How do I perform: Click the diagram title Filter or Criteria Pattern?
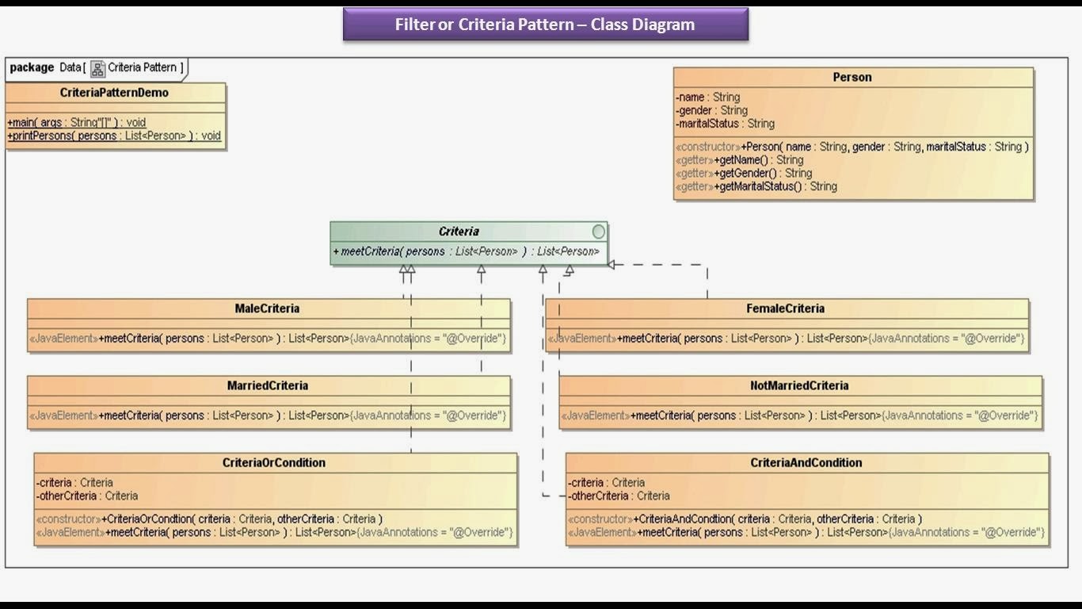point(545,25)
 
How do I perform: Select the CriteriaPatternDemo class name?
point(114,93)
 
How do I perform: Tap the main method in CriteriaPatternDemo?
point(77,123)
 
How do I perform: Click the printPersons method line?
point(114,136)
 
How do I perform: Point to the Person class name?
point(852,77)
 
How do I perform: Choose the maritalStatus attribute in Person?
point(725,124)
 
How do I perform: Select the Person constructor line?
point(852,147)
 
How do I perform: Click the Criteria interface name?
point(459,232)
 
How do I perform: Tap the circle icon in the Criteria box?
point(599,232)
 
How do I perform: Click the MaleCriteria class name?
point(267,308)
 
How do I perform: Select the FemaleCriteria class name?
point(785,308)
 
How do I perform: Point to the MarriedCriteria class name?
point(267,385)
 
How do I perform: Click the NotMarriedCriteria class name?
point(799,385)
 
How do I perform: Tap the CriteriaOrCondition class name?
point(274,462)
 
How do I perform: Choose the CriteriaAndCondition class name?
point(806,462)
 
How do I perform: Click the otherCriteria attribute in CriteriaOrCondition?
point(87,496)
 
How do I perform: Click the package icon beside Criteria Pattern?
point(97,69)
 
